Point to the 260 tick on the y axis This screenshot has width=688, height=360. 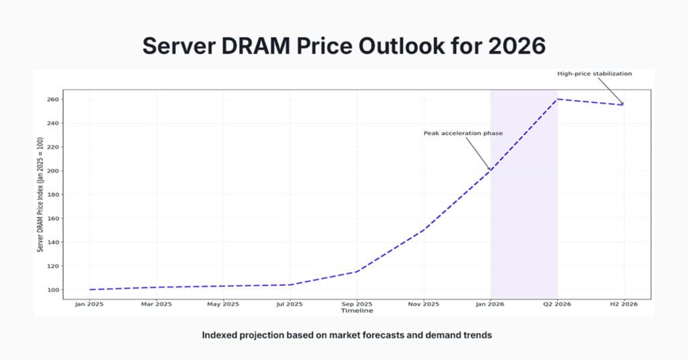coord(52,99)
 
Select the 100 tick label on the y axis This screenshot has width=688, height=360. coord(52,290)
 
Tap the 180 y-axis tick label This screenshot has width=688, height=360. coord(52,195)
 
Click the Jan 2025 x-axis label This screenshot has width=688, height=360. coord(89,304)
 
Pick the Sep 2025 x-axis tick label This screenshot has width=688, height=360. coord(356,304)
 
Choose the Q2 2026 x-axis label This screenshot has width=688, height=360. coord(557,304)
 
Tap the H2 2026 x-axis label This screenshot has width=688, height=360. coord(623,304)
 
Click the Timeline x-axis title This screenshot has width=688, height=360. coord(356,311)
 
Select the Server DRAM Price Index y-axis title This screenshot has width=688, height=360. coord(40,195)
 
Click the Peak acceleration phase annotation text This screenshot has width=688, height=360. coord(463,133)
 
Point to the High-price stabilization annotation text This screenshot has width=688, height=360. coord(594,74)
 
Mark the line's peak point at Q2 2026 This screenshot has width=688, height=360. coord(557,99)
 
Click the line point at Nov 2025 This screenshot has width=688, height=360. coord(423,230)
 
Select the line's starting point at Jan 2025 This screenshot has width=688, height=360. coord(89,289)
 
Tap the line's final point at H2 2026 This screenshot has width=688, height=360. coord(623,105)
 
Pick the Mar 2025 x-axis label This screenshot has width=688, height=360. coord(156,304)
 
